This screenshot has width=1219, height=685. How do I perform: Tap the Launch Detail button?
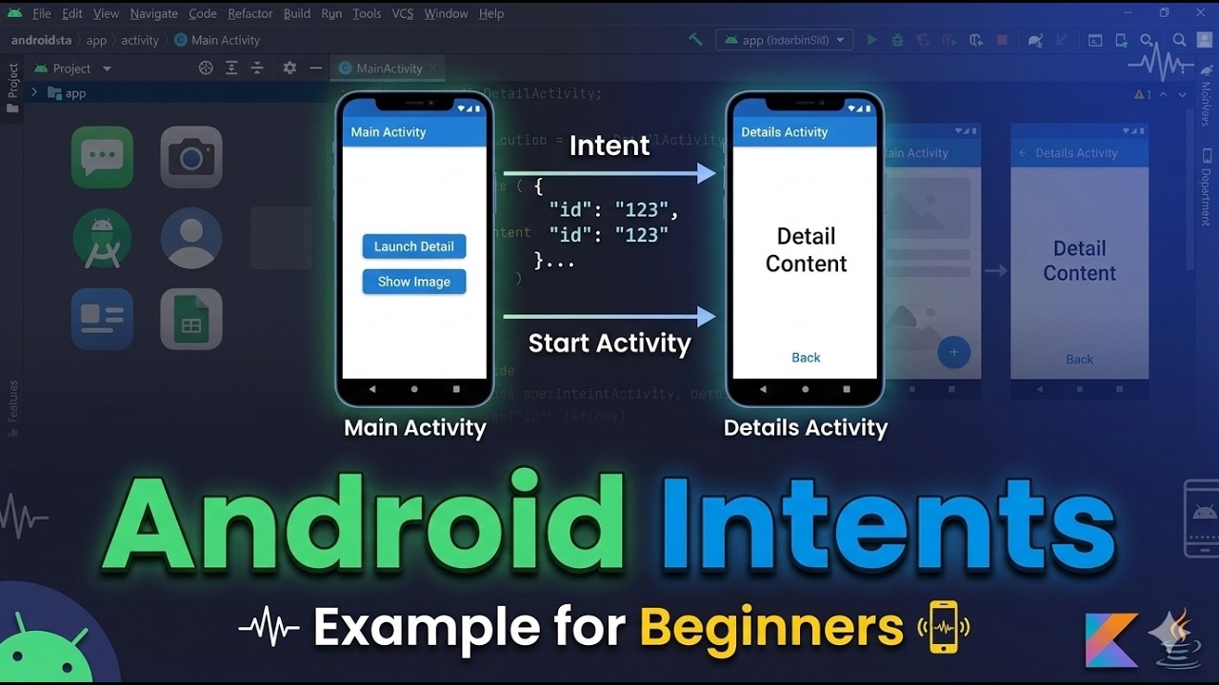click(414, 246)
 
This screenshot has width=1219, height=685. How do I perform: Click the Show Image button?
click(414, 282)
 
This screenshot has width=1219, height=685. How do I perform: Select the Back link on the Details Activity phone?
click(806, 358)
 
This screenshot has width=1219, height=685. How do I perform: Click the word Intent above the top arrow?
click(609, 146)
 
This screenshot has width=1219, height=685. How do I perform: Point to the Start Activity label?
click(609, 342)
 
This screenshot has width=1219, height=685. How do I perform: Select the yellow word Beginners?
click(771, 627)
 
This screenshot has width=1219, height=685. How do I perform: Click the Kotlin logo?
click(1111, 639)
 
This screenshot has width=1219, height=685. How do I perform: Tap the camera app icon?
click(191, 158)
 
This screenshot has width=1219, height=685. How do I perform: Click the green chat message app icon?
click(102, 158)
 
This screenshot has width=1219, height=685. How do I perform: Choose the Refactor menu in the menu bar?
click(250, 13)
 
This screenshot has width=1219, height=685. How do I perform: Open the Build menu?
click(297, 13)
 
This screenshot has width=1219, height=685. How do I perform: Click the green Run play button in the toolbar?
click(871, 40)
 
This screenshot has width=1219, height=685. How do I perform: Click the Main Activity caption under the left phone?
click(415, 428)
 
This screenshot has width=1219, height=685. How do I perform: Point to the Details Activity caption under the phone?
click(806, 428)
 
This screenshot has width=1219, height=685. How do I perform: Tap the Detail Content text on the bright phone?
click(806, 249)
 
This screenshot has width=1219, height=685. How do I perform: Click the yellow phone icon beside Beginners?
click(943, 627)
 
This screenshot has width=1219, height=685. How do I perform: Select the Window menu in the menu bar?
click(446, 13)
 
